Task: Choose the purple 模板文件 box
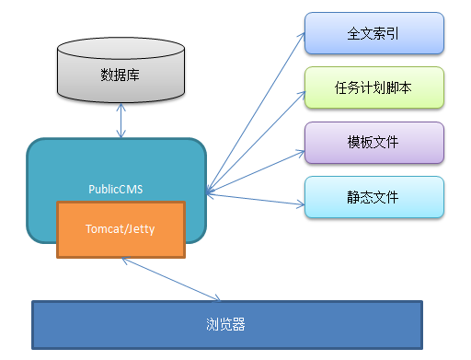click(374, 143)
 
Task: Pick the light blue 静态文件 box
click(374, 197)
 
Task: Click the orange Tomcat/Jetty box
click(121, 228)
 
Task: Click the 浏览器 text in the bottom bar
click(226, 325)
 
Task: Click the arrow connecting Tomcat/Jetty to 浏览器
click(170, 277)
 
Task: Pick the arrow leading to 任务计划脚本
click(258, 139)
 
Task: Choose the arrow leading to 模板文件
click(258, 168)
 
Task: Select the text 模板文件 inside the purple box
click(374, 143)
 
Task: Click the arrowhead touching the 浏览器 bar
click(217, 298)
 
